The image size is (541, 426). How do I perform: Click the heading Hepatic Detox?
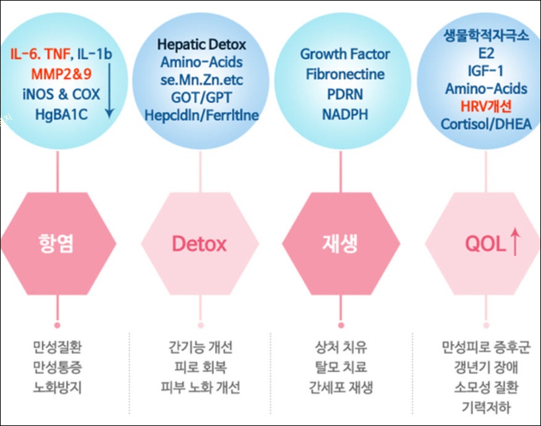click(201, 45)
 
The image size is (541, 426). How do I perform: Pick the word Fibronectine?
click(345, 74)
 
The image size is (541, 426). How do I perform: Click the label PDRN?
click(345, 94)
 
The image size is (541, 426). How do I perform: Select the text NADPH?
click(345, 115)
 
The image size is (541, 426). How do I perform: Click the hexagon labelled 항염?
click(57, 243)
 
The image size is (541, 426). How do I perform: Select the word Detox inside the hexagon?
click(199, 244)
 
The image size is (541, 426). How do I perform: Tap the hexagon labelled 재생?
click(341, 243)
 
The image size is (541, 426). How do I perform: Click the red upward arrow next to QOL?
click(515, 243)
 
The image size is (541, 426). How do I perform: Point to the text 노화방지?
click(57, 386)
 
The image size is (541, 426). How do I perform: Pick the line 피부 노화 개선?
click(201, 386)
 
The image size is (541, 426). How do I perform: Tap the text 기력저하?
click(486, 408)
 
